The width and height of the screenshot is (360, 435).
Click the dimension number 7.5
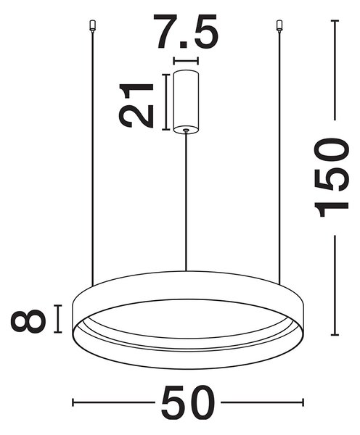tap(186, 31)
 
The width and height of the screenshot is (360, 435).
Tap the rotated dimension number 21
tap(136, 105)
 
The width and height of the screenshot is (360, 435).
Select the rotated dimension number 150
tap(331, 177)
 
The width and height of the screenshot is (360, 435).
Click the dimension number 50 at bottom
tap(188, 403)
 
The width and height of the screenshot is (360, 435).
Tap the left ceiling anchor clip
tap(93, 25)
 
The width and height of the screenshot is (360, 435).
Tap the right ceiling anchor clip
tap(279, 25)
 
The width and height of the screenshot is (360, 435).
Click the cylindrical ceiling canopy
tap(186, 101)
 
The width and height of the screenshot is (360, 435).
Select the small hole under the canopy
tap(186, 130)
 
